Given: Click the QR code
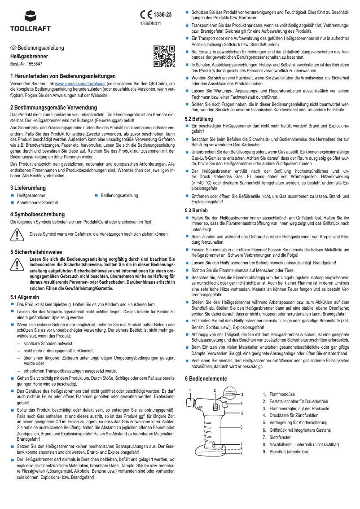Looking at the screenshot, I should pyautogui.click(x=163, y=56).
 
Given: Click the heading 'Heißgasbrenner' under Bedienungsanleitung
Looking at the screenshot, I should pyautogui.click(x=29, y=57).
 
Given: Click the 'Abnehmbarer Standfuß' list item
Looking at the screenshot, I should pyautogui.click(x=37, y=203).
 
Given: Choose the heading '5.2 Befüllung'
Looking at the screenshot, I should pyautogui.click(x=199, y=118).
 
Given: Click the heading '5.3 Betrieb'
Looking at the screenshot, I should pyautogui.click(x=197, y=210).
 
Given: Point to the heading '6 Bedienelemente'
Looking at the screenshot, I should pyautogui.click(x=206, y=379).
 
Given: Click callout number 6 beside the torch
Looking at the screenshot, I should pyautogui.click(x=241, y=427).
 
